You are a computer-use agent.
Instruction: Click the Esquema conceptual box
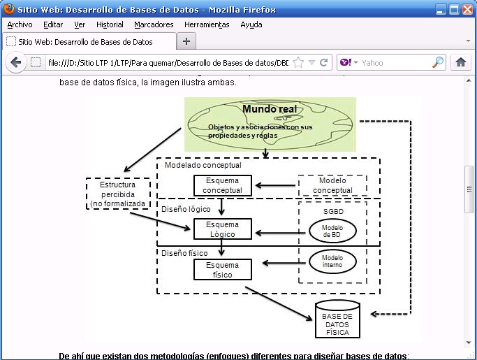coord(222,185)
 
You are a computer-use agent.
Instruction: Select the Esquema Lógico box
coord(222,229)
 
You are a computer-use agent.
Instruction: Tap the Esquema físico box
coord(222,270)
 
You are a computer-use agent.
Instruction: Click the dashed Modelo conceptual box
coord(332,185)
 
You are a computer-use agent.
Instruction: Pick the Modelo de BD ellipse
coord(332,231)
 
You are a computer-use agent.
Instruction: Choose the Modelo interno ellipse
coord(332,261)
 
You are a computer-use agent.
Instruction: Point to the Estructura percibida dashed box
coord(117,194)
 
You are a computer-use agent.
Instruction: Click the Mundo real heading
coord(270,109)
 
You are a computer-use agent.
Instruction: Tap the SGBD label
coord(333,210)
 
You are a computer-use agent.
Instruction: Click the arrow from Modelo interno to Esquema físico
coord(285,263)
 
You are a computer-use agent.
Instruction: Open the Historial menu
coord(110,24)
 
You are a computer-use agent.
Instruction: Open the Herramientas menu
coord(207,24)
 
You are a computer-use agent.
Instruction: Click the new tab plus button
coord(186,41)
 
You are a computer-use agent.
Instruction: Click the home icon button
coord(461,62)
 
